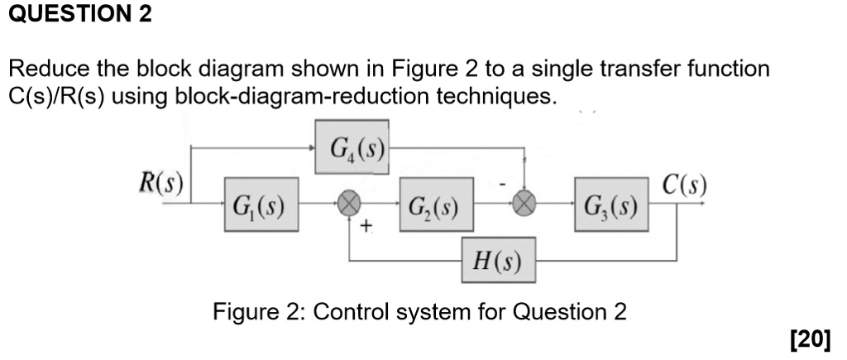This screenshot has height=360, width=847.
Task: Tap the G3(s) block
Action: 610,201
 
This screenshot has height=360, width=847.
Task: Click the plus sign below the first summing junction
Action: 366,225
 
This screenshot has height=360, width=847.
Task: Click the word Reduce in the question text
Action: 45,69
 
